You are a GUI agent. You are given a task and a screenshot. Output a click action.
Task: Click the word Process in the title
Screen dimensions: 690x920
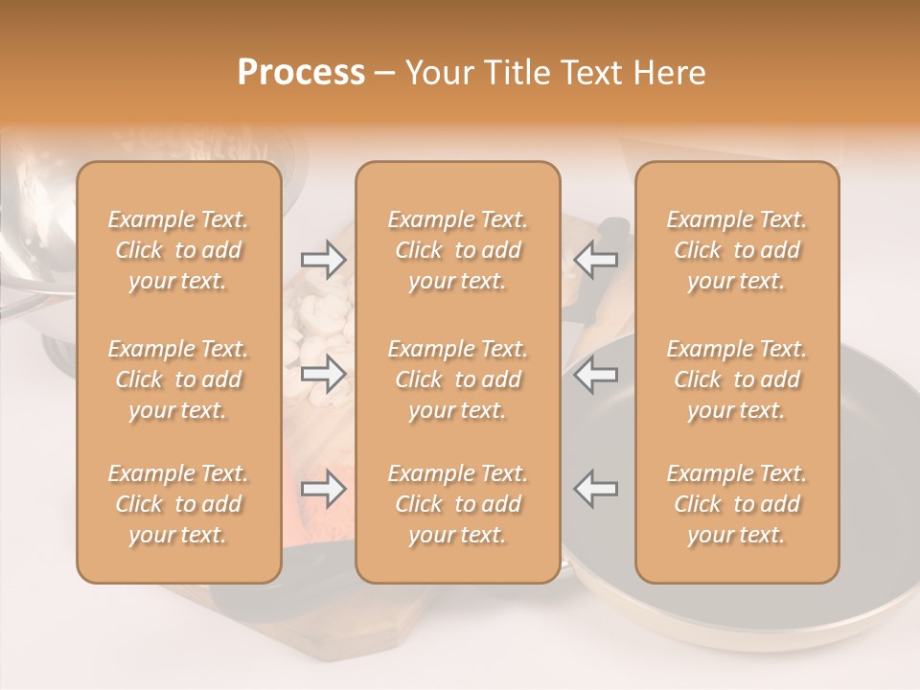[301, 73]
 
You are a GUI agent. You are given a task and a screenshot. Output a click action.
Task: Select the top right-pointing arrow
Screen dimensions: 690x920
[323, 260]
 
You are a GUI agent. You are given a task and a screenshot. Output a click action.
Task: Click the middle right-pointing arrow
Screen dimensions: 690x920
[323, 374]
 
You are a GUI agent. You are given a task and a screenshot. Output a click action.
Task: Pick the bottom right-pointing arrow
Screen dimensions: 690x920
[323, 489]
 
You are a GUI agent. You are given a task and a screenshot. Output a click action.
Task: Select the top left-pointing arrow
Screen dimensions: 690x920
[596, 260]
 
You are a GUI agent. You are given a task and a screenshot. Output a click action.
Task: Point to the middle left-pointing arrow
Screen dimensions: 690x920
[596, 374]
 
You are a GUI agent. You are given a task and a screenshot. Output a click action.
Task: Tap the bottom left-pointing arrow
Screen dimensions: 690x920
[596, 489]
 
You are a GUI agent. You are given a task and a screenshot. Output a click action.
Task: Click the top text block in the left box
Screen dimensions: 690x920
[178, 250]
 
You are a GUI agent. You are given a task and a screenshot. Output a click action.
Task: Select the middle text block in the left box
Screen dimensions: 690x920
[178, 379]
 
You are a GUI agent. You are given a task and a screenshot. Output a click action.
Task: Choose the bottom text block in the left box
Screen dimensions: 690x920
[178, 504]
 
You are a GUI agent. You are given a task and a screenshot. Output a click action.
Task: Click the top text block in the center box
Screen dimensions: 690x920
[457, 250]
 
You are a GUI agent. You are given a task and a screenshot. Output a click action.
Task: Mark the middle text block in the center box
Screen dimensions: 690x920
[457, 379]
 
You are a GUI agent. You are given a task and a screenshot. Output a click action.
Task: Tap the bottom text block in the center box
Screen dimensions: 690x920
[457, 504]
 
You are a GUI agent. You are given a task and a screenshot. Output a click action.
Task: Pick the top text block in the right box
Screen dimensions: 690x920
[736, 250]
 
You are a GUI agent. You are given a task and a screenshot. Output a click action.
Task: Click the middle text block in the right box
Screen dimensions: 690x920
[736, 379]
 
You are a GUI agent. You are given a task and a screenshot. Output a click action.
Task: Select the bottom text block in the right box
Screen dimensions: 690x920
[736, 504]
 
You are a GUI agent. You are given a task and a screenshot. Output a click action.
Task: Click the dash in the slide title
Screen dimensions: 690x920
[385, 74]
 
